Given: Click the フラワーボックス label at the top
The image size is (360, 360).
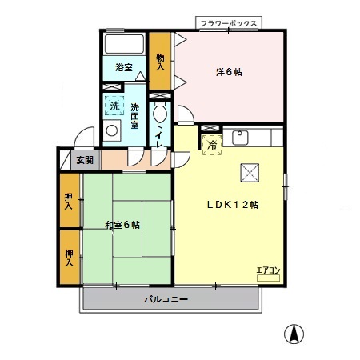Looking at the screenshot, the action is point(229,23).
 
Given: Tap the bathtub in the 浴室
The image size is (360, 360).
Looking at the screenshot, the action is point(124,44).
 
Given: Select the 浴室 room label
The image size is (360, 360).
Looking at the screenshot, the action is point(124,67).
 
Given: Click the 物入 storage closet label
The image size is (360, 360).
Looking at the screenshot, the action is point(160,62).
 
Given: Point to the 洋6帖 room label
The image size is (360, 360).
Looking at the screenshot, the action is point(229,72).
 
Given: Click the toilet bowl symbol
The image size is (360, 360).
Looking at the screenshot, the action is point(160,113).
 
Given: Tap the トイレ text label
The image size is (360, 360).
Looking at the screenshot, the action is point(159,136).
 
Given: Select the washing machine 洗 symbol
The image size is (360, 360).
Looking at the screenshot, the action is point(114,106).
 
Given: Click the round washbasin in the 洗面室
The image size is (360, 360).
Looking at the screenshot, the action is point(112,130).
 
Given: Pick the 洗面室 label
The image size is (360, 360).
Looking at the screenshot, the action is point(134,116).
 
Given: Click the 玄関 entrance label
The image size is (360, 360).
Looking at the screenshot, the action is point(85,160).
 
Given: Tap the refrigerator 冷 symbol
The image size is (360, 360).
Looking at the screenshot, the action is point(212,145).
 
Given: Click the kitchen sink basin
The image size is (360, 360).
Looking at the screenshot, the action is point(240,138).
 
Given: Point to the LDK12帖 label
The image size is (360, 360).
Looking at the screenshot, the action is point(233,205).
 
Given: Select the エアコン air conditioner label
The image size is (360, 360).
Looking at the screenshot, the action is point(268,270).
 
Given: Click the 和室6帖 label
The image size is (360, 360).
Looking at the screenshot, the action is point(122,225).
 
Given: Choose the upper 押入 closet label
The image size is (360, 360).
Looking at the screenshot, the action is point(69,201).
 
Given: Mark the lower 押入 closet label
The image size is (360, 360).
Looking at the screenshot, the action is point(69,258).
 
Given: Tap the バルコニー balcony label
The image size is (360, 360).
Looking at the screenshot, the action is point(166,299).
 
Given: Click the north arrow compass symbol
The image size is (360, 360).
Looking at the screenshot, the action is point(294,334).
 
